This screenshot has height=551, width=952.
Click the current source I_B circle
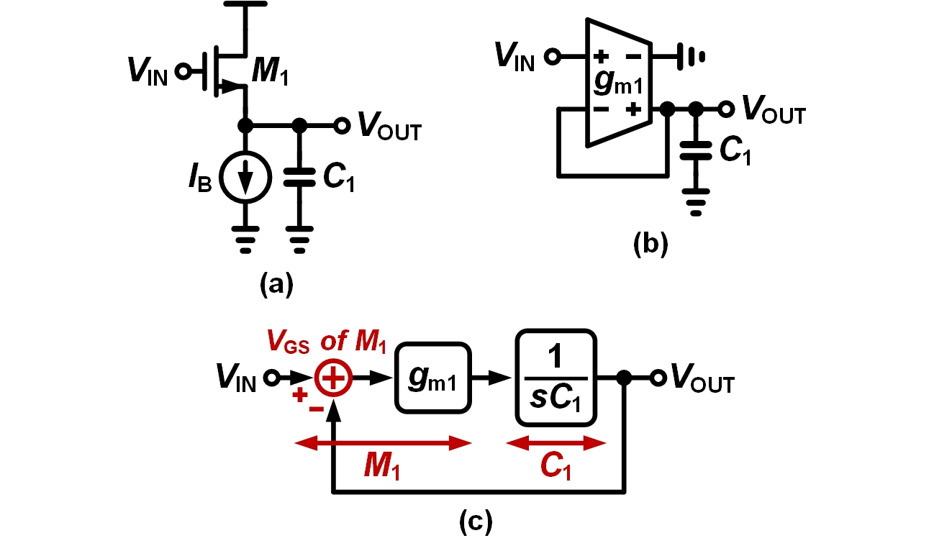coord(246,178)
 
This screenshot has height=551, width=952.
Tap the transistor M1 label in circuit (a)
coord(271,72)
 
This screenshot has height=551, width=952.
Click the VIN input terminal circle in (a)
coord(183,71)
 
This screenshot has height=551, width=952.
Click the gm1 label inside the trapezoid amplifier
coord(617,81)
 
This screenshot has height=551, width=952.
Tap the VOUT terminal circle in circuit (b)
coord(727,109)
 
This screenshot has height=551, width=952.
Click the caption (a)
coord(276,286)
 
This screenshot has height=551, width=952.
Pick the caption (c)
coord(476,522)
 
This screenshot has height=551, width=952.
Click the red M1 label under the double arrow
coord(382,468)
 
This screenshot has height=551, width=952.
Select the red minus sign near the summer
coord(315,407)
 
